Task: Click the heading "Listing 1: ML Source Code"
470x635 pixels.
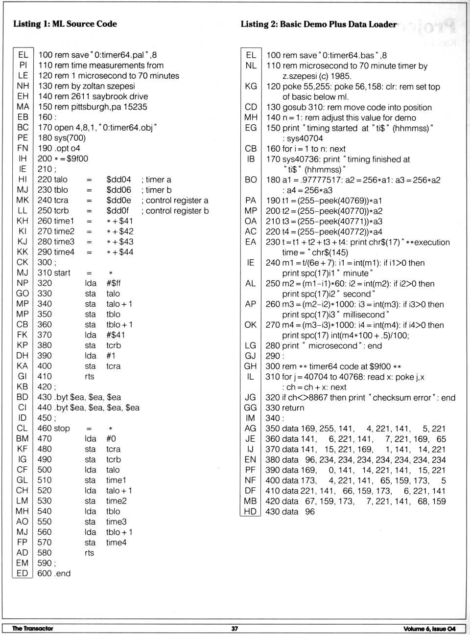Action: (x=65, y=23)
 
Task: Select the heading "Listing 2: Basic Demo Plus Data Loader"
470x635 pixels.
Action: (x=318, y=24)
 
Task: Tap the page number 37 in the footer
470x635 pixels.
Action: (x=235, y=629)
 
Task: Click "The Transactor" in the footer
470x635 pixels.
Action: (x=32, y=629)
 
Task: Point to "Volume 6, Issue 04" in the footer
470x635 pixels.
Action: (x=429, y=629)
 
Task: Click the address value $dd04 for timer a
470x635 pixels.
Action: (x=118, y=180)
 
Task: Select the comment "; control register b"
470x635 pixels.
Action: (x=175, y=211)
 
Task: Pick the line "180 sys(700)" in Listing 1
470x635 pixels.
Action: (x=62, y=138)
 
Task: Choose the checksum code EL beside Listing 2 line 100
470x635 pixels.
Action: (x=251, y=55)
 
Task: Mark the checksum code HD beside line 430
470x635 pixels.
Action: (x=250, y=512)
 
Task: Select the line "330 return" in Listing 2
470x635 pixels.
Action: (x=285, y=408)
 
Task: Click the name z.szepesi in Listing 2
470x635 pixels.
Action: (x=301, y=76)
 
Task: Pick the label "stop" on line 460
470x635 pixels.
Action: (x=62, y=429)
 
